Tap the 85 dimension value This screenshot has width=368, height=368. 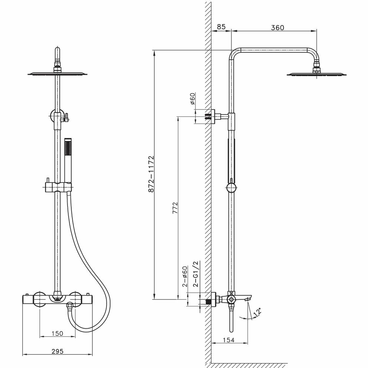[x=221, y=27]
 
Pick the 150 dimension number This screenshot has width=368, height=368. [x=57, y=333]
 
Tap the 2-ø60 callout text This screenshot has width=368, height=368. [x=184, y=277]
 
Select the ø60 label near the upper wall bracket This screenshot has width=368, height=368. [x=193, y=99]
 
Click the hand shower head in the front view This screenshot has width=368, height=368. [x=67, y=148]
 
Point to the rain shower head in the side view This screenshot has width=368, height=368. [x=316, y=74]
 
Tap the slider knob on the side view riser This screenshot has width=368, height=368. [x=231, y=188]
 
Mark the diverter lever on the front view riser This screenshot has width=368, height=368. [x=66, y=118]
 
